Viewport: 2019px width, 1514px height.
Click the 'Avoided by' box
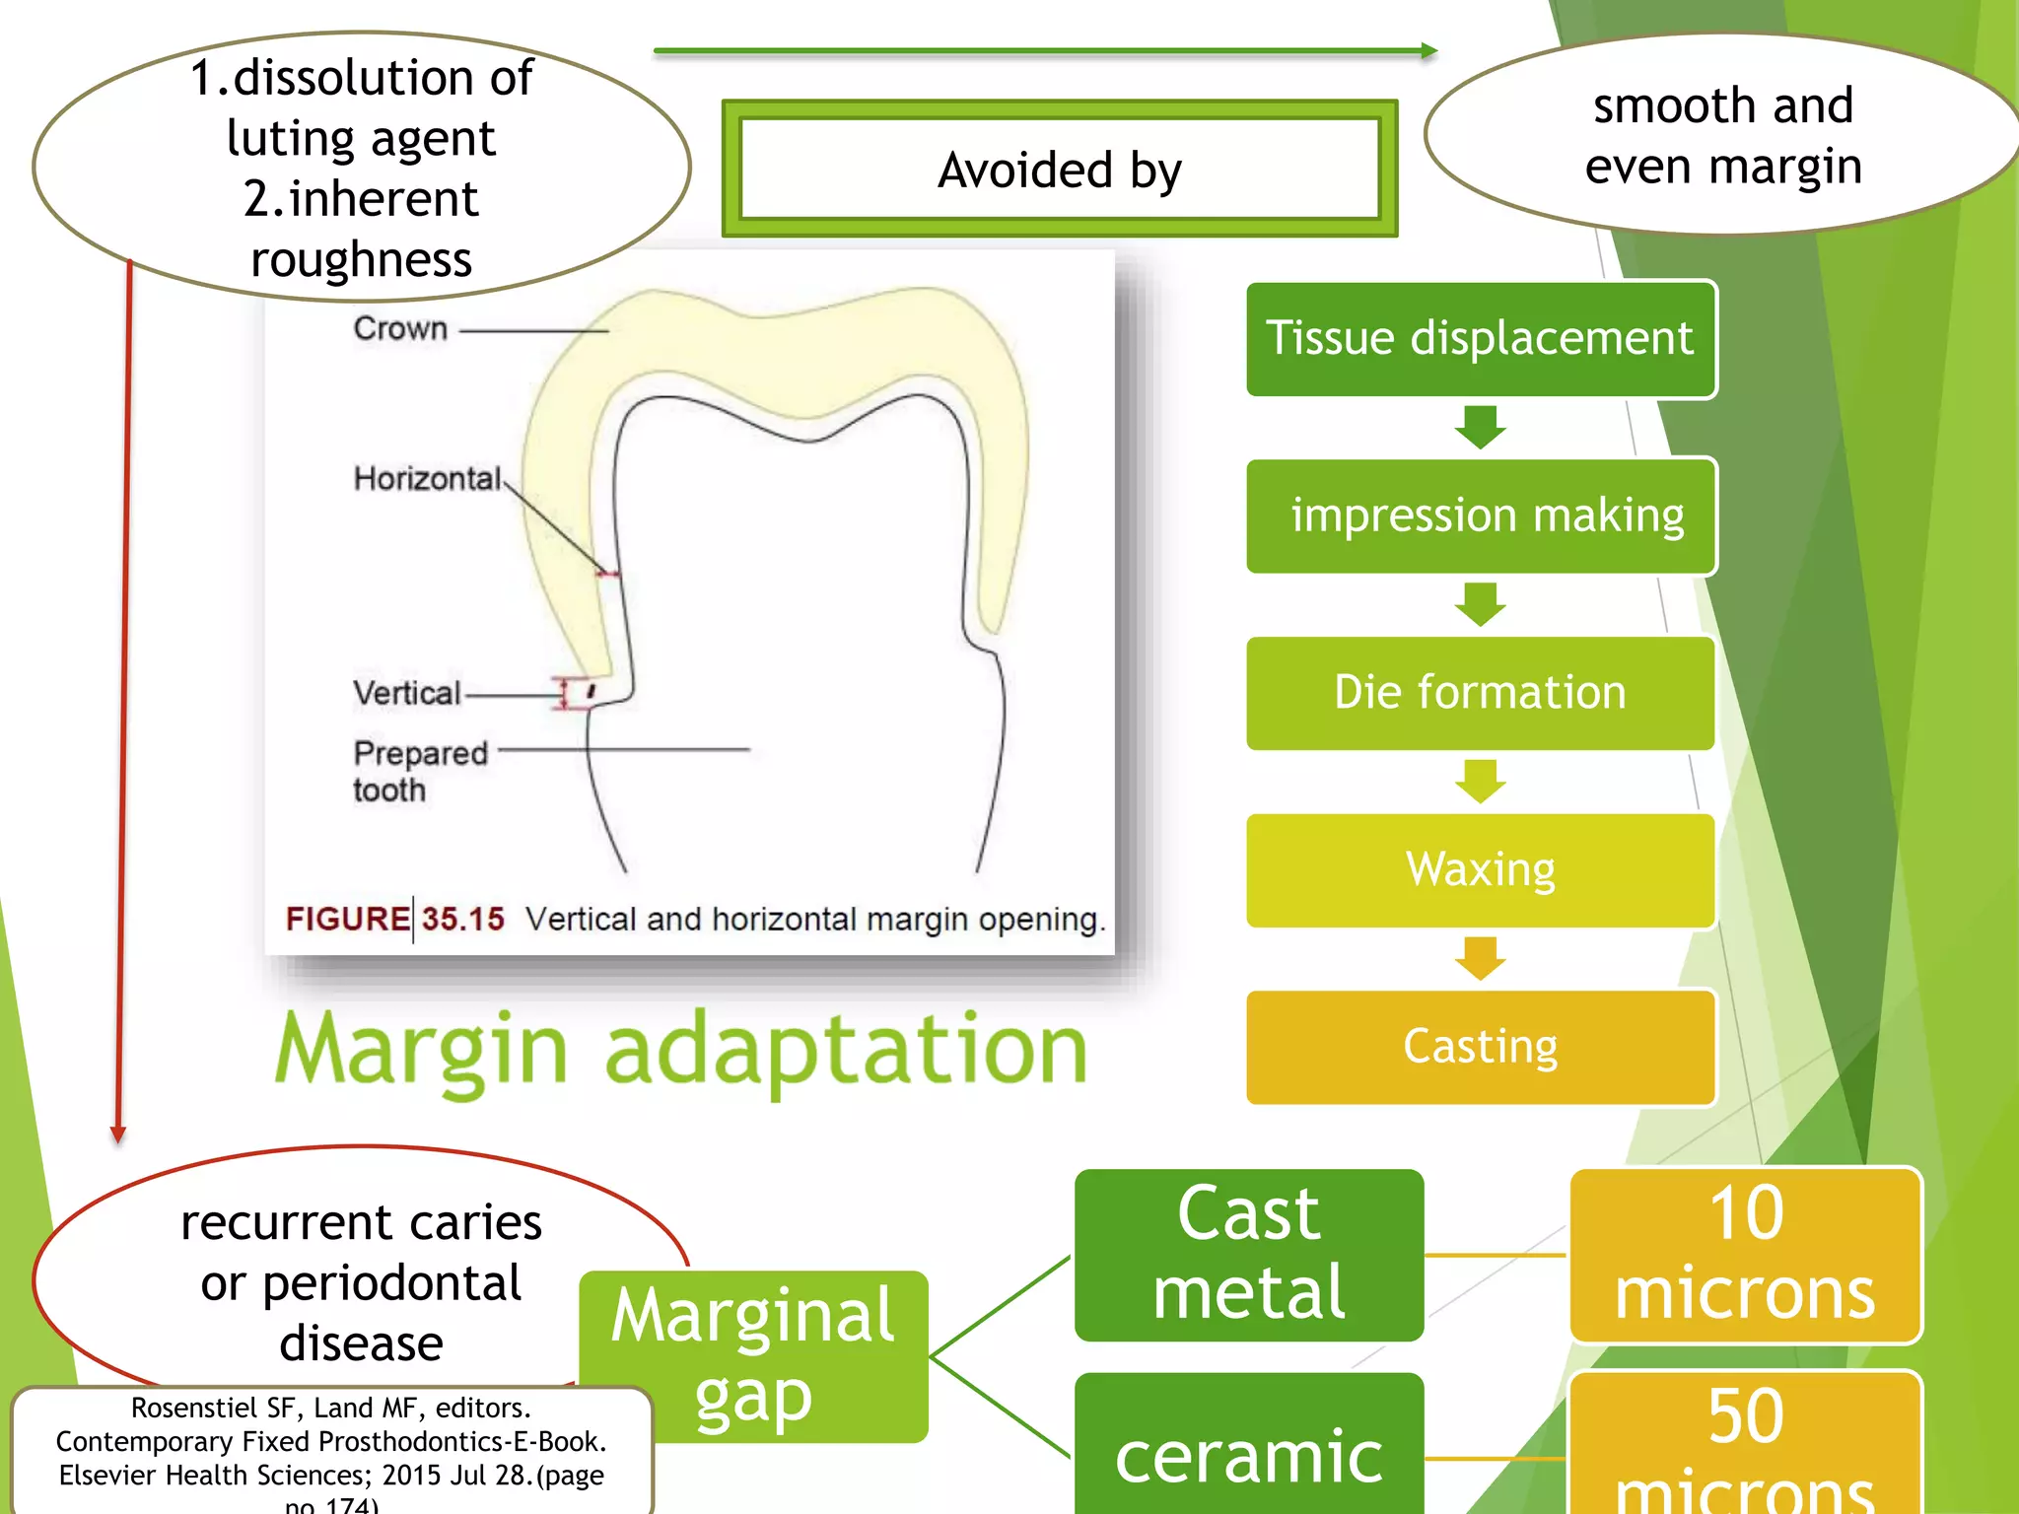coord(1060,169)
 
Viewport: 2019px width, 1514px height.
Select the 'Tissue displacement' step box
coord(1480,339)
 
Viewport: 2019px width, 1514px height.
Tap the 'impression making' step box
coord(1480,516)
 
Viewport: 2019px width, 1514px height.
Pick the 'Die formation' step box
coord(1480,693)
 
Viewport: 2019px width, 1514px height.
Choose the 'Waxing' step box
coord(1480,870)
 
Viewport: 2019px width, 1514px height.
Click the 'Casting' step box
coord(1480,1047)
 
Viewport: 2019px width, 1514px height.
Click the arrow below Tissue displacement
coord(1480,427)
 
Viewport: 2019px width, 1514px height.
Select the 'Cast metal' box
coord(1249,1254)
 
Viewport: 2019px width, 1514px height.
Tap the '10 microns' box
coord(1745,1254)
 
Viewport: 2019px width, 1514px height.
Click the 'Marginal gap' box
coord(753,1355)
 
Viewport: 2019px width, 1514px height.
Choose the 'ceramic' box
coord(1249,1454)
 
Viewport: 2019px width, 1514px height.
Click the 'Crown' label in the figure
coord(400,328)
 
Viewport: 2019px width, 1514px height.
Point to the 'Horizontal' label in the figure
coord(427,479)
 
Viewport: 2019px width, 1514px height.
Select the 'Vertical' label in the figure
coord(406,693)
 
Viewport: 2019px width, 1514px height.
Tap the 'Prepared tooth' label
coord(419,771)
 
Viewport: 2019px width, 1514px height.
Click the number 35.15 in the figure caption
coord(462,919)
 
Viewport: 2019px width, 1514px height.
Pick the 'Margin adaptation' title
coord(680,1050)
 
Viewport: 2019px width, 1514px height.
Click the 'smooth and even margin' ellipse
coord(1722,135)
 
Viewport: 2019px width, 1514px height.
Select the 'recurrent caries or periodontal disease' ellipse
coord(361,1281)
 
